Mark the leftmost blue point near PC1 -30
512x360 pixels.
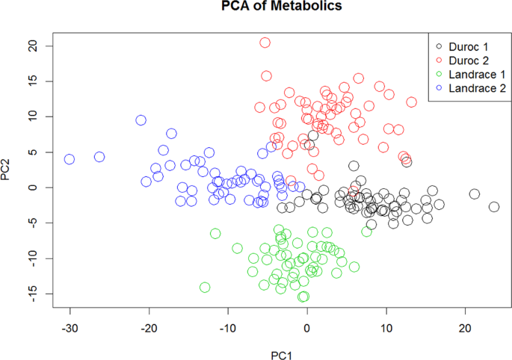70,159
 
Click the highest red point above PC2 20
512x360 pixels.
265,43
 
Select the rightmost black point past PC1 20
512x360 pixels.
494,207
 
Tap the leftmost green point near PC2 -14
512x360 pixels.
205,287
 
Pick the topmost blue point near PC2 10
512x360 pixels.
141,120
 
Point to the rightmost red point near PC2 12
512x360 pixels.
411,102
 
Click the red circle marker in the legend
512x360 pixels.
438,60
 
